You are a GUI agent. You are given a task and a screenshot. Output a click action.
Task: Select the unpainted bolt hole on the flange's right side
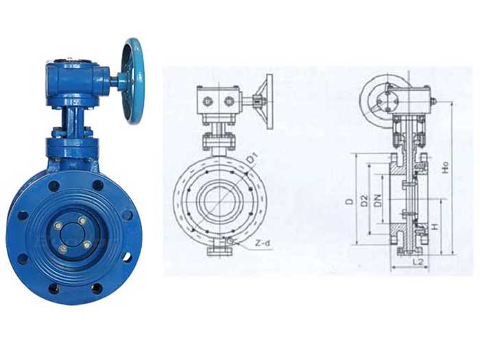click(127, 256)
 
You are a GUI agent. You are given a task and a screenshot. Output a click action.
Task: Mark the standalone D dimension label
click(350, 201)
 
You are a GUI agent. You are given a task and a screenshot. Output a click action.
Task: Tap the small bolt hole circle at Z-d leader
click(230, 241)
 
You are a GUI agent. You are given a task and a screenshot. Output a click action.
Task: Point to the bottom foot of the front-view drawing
click(217, 251)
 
